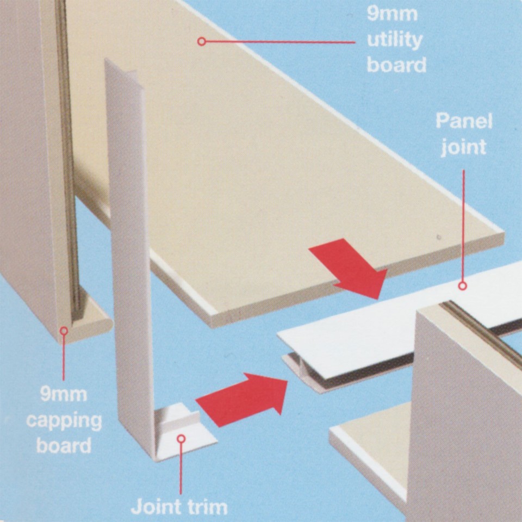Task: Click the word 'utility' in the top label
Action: coord(394,40)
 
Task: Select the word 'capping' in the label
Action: coord(64,421)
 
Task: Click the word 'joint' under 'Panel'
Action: coord(463,147)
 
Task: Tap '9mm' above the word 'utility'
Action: coord(393,13)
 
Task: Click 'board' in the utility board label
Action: coord(396,65)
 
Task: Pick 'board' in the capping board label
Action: coord(64,446)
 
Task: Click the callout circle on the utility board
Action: coord(202,41)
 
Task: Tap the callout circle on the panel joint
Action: coord(463,285)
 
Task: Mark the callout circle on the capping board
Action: coord(64,330)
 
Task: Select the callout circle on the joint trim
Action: coord(181,438)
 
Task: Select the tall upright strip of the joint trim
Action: coord(130,245)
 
